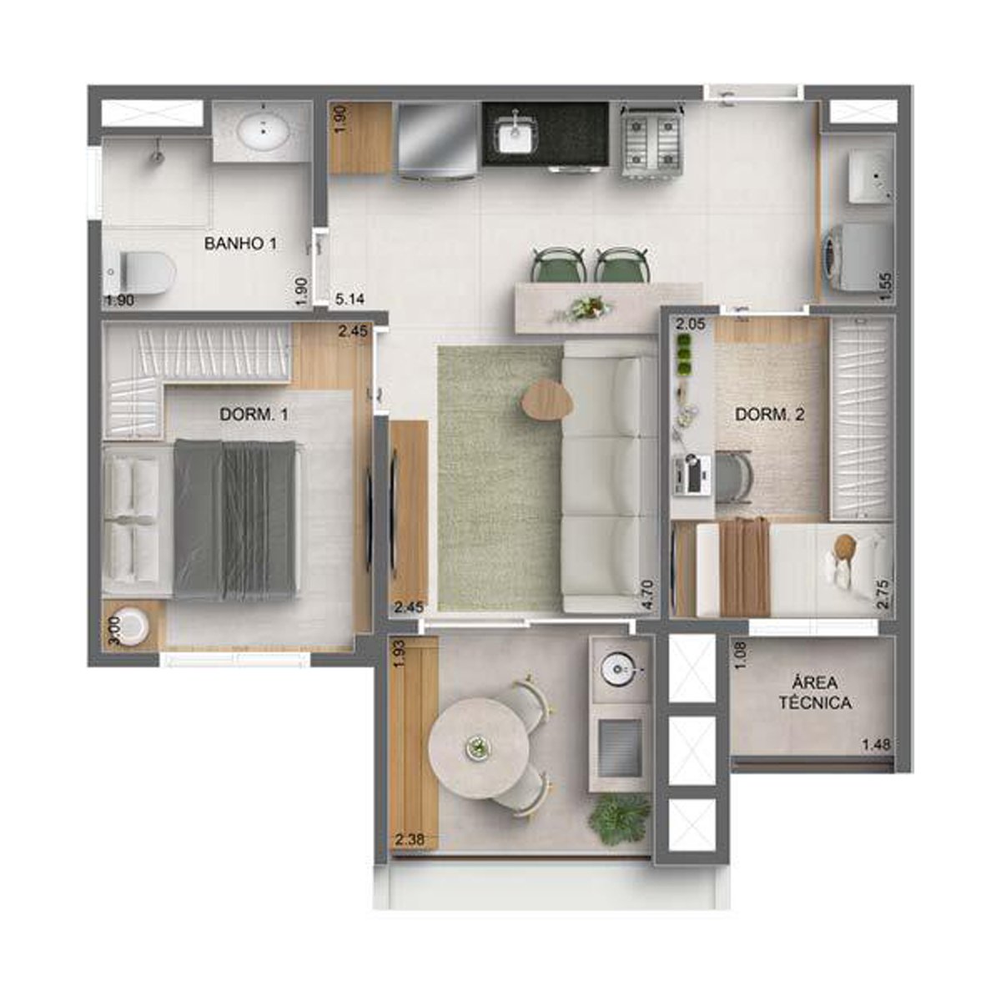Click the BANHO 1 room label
pyautogui.click(x=240, y=243)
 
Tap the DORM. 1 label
pyautogui.click(x=254, y=415)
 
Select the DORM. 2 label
pyautogui.click(x=770, y=415)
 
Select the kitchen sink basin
pyautogui.click(x=516, y=134)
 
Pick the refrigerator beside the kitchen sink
pyautogui.click(x=436, y=140)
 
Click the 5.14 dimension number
pyautogui.click(x=350, y=299)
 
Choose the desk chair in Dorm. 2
pyautogui.click(x=733, y=476)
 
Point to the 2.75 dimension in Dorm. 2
pyautogui.click(x=886, y=594)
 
